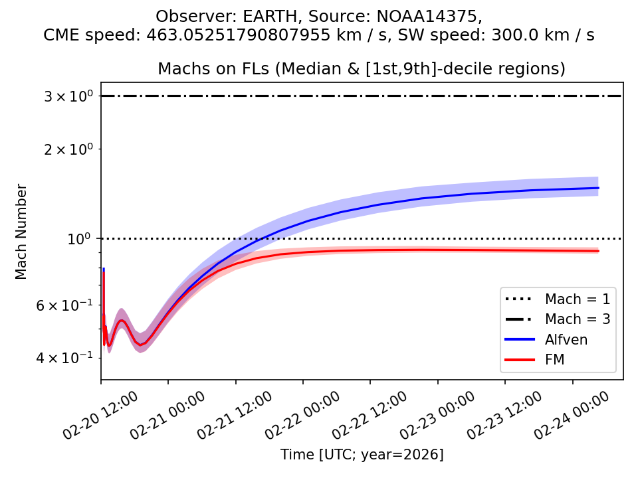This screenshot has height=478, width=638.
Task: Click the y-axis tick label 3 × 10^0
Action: [x=67, y=96]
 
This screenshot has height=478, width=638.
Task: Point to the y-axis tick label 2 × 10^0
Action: [x=67, y=149]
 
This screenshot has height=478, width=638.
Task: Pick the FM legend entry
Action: [x=556, y=360]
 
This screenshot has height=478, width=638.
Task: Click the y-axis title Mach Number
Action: [x=22, y=232]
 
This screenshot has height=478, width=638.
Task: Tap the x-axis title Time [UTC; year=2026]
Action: [x=362, y=455]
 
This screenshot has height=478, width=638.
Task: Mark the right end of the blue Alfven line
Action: [x=598, y=188]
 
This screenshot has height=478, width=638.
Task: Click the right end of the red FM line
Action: [x=598, y=251]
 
